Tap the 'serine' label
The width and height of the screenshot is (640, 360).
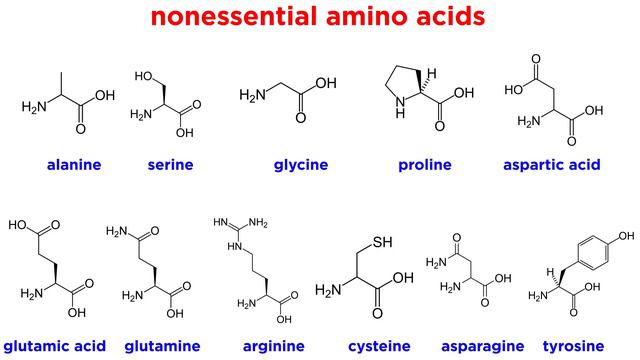pyautogui.click(x=169, y=164)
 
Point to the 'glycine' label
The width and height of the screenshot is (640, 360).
pyautogui.click(x=302, y=164)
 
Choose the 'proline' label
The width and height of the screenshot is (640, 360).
pyautogui.click(x=424, y=164)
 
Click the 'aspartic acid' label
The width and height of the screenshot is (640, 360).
pyautogui.click(x=551, y=164)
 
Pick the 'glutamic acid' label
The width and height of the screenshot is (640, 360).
pyautogui.click(x=54, y=346)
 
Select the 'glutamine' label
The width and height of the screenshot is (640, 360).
pyautogui.click(x=163, y=346)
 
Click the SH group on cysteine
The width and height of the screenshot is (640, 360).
pyautogui.click(x=381, y=242)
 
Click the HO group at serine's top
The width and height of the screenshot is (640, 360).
pyautogui.click(x=142, y=77)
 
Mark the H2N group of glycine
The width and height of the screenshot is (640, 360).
pyautogui.click(x=252, y=95)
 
